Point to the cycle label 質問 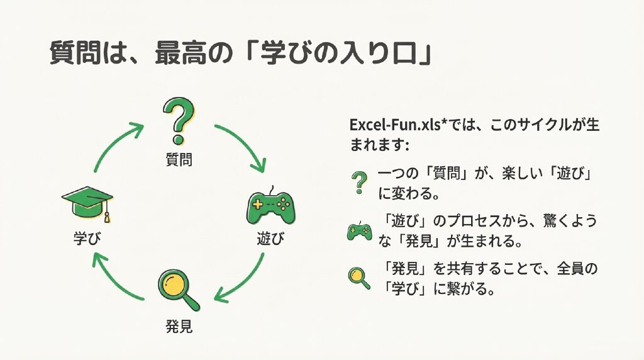point(179,160)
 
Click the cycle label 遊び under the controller point(270,239)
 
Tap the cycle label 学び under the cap point(87,239)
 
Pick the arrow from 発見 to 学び point(117,277)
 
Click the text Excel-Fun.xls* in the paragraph point(390,125)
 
